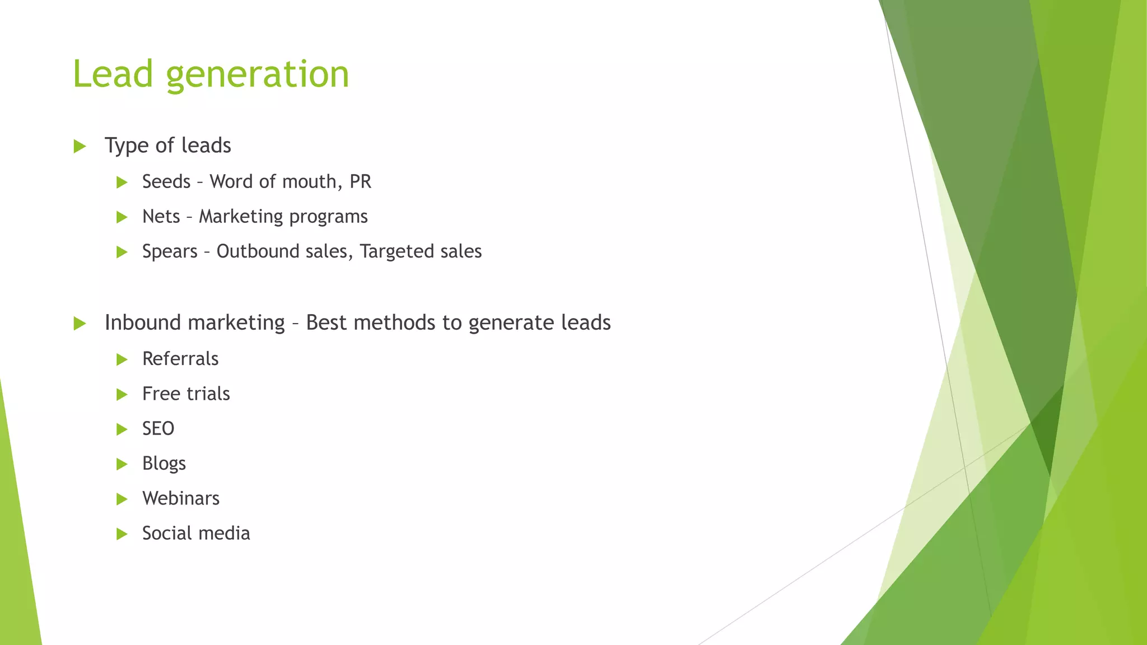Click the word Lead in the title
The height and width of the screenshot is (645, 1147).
(113, 74)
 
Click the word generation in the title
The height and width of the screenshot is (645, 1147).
(258, 75)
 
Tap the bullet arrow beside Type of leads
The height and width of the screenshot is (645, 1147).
(80, 147)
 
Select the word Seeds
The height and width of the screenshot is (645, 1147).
(166, 181)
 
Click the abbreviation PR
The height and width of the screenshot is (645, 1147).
(360, 181)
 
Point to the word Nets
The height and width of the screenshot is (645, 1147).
(161, 216)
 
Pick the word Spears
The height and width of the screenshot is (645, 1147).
(170, 251)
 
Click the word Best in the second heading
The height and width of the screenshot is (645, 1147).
(327, 322)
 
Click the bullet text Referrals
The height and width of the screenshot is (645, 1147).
(180, 358)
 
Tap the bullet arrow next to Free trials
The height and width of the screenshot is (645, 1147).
(122, 395)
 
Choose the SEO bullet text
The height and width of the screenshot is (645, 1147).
(158, 428)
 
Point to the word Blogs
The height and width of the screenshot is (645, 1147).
(164, 464)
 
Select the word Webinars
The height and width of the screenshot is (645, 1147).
(181, 498)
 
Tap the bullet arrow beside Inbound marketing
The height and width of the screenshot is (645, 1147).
(80, 324)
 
